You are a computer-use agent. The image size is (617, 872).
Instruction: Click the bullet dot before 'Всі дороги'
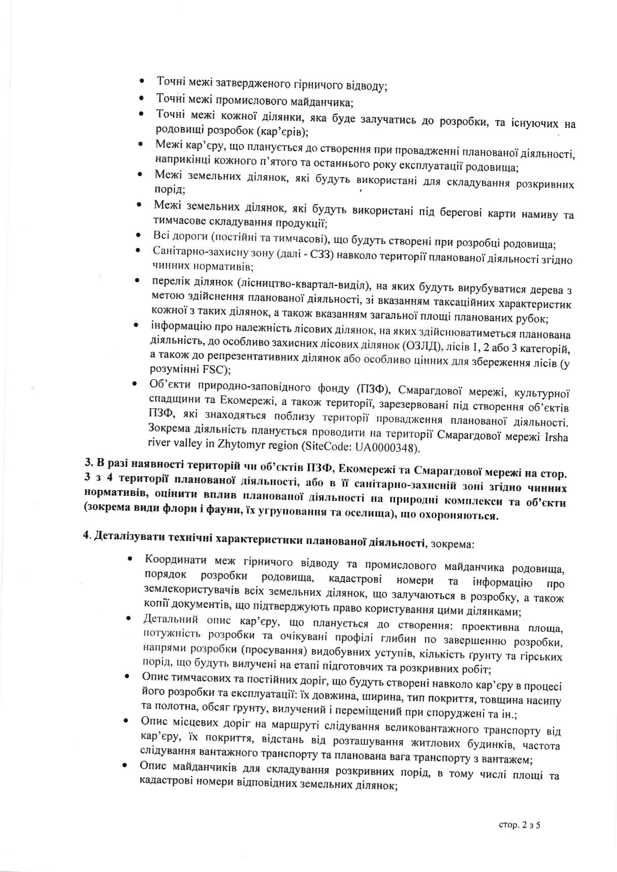tap(137, 236)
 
